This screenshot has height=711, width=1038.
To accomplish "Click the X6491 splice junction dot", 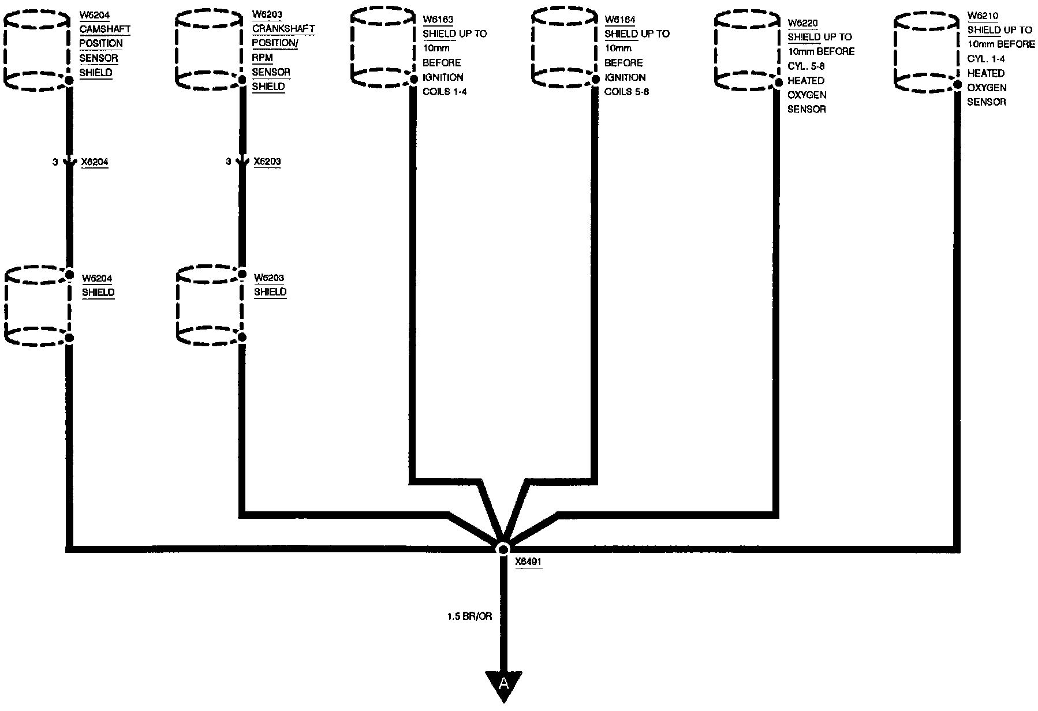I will pos(503,548).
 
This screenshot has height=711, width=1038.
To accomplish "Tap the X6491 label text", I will pos(528,561).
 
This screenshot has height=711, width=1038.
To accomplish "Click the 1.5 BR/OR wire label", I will pos(469,616).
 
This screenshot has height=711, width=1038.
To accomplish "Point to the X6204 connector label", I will pos(95,162).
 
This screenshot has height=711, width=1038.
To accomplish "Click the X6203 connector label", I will pos(267,162).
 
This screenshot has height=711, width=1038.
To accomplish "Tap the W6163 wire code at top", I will pos(438,20).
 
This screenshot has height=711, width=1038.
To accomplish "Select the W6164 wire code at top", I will pos(620,20).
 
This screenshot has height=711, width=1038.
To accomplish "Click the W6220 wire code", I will pos(803,23).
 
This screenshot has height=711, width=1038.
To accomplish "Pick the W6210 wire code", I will pos(983,16).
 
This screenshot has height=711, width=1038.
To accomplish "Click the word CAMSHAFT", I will pos(105,29).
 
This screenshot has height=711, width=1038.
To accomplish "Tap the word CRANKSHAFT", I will pos(283,29).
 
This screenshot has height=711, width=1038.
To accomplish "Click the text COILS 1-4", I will pos(445,92).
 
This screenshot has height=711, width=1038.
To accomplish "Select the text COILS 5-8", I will pos(626,92).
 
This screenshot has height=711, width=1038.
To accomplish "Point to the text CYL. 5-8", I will pos(806,66).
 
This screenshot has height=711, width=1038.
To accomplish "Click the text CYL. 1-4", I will pos(986,59).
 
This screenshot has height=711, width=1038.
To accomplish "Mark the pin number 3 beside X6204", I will pos(55,163).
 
